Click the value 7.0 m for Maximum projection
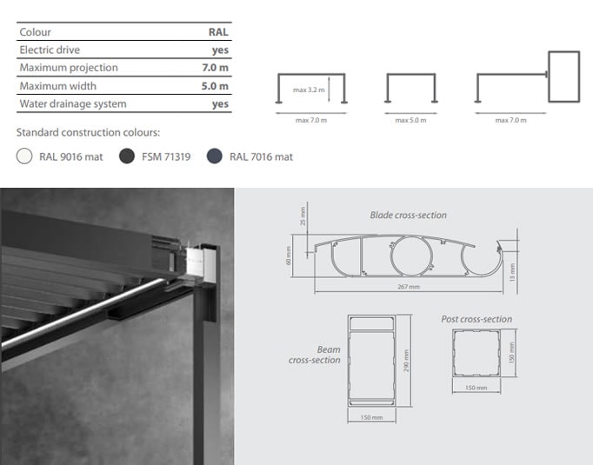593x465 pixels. point(215,68)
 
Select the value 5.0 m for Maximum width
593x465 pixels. point(215,86)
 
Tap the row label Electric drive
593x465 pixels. point(50,50)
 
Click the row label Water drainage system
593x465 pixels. point(73,104)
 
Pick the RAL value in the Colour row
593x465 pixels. point(218,32)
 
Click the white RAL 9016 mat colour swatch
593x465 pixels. point(24,156)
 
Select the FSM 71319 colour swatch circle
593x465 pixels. point(127,156)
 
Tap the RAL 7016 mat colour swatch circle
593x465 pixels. point(215,156)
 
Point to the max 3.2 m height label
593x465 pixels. point(309,90)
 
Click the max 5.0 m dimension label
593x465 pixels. point(410,120)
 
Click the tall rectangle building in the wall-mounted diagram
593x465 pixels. point(564,76)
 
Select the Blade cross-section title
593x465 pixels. point(408,215)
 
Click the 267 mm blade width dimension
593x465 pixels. point(409,287)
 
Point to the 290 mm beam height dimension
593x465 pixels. point(406,361)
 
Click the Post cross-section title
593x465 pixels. point(476,319)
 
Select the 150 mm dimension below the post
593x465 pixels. point(476,388)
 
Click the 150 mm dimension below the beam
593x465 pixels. point(371,417)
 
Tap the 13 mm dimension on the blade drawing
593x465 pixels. point(512,272)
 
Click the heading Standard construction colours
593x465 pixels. point(88,133)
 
